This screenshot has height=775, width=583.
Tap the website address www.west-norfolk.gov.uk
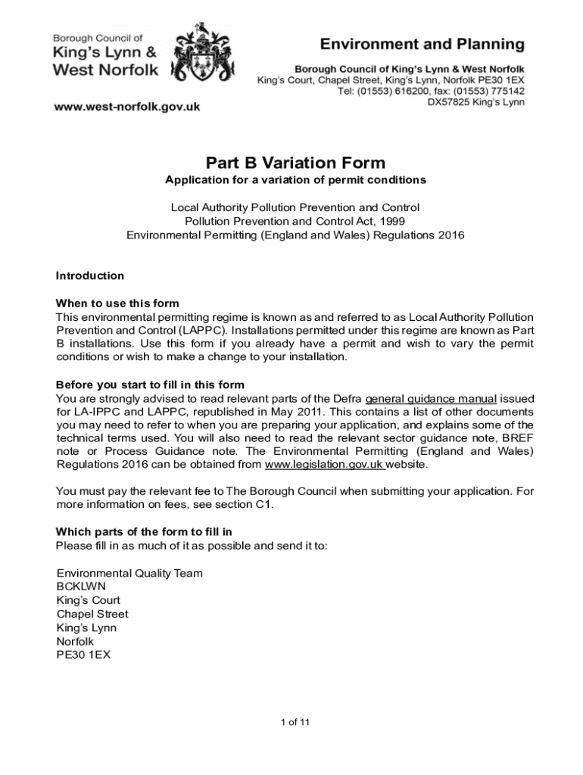coord(126,107)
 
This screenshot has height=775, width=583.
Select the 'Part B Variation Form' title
coord(295,163)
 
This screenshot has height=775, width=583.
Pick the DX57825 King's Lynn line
coord(475,102)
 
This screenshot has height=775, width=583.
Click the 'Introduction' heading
coord(90,275)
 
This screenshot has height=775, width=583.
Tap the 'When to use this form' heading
coord(117,303)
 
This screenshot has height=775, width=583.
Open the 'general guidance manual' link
coord(431,399)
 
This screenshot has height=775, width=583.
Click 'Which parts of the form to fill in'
coord(144,531)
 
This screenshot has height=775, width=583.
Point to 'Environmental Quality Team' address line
coord(129,573)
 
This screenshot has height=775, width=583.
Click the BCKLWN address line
coord(81,587)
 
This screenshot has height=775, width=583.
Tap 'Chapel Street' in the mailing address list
coord(92,614)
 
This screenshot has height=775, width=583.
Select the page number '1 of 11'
coord(295,721)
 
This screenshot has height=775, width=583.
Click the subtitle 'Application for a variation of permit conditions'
coord(295,180)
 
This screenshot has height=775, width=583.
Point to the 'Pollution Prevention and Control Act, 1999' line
coord(295,221)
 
